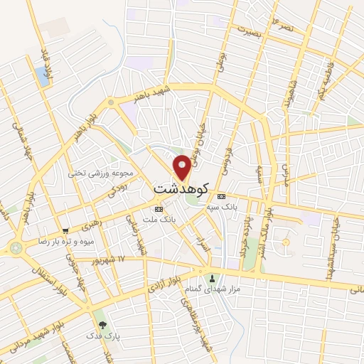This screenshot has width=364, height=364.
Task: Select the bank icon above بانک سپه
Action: coord(221,196)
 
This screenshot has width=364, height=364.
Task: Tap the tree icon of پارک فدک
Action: coord(104,324)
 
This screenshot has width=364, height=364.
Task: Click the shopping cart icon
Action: coord(65,230)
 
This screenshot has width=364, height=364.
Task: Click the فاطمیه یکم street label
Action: coord(328,84)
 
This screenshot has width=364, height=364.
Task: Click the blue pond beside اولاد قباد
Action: coord(43,77)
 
